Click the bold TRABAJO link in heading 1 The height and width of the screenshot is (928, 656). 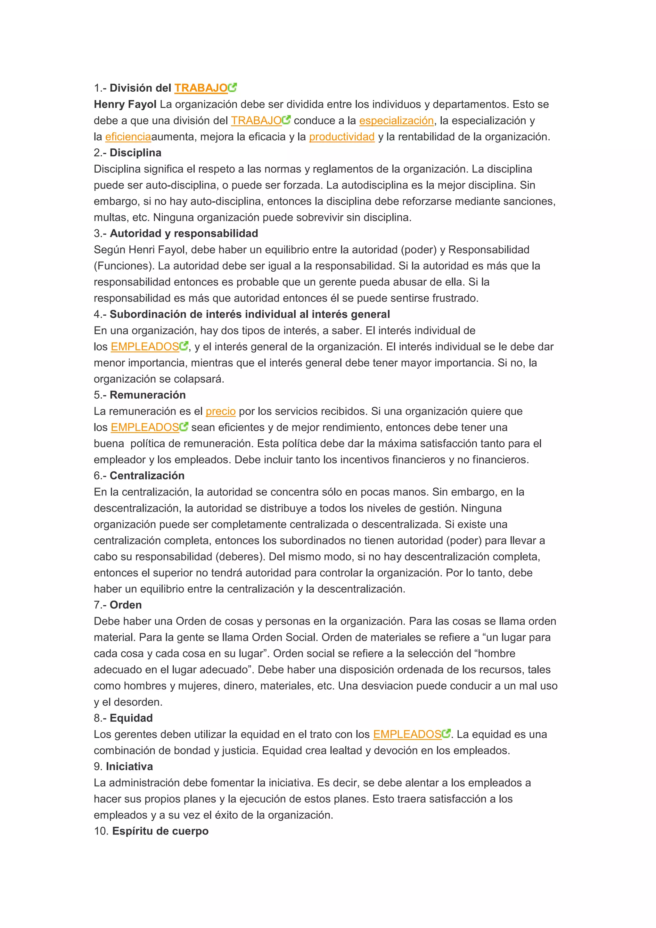point(201,88)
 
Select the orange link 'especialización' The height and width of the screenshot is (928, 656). point(396,120)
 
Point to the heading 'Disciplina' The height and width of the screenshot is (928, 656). point(135,153)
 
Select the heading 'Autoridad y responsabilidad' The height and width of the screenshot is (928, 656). point(184,234)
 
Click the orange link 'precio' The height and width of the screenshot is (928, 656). point(221,411)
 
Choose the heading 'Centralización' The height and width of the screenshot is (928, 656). point(147,476)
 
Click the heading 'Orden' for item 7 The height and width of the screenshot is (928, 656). point(126,605)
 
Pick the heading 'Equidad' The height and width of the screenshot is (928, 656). point(131,718)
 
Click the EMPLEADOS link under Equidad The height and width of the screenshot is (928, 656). point(407,734)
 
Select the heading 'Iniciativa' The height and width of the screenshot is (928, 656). point(129,767)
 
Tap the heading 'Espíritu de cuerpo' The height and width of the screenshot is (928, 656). point(160,832)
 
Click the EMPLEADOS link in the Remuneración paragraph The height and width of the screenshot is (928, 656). point(144,427)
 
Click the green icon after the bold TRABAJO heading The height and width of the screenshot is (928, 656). point(233,87)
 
